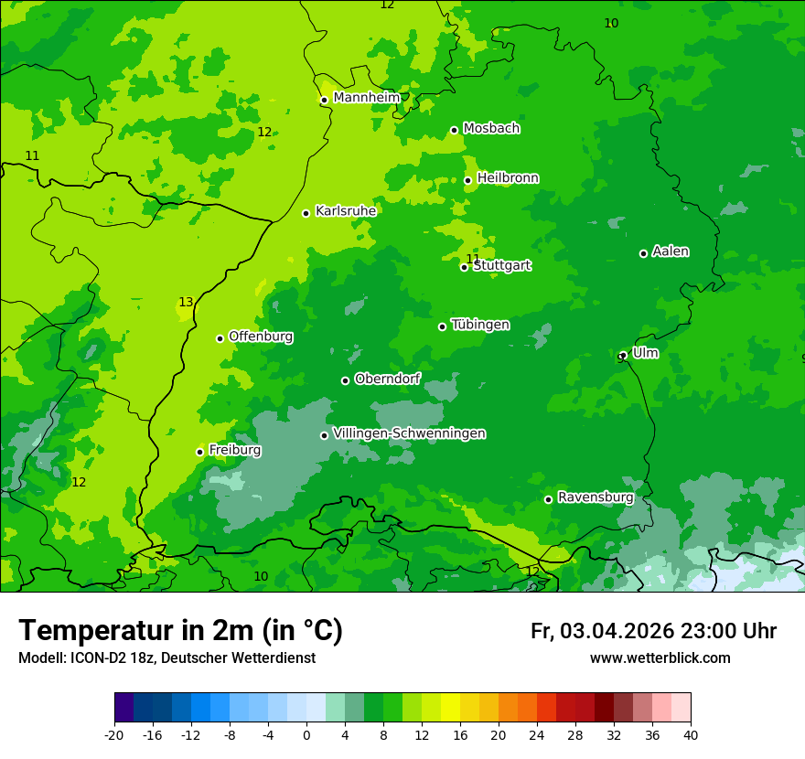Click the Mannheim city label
point(366,98)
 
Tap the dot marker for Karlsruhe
point(306,213)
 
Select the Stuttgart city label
point(501,266)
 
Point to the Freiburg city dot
point(199,452)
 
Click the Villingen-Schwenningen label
point(409,433)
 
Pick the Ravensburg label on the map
point(595,497)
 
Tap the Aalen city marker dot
point(643,253)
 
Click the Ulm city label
point(645,353)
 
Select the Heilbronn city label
point(508,178)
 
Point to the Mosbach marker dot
point(454,130)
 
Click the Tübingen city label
point(480,325)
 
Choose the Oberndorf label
point(387,379)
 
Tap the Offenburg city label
point(261,337)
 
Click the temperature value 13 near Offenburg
point(186,303)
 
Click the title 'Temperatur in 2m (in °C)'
point(180,630)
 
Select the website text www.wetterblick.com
point(660,658)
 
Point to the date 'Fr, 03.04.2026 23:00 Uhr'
point(653,631)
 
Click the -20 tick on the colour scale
point(114,734)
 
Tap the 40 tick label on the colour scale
point(690,734)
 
